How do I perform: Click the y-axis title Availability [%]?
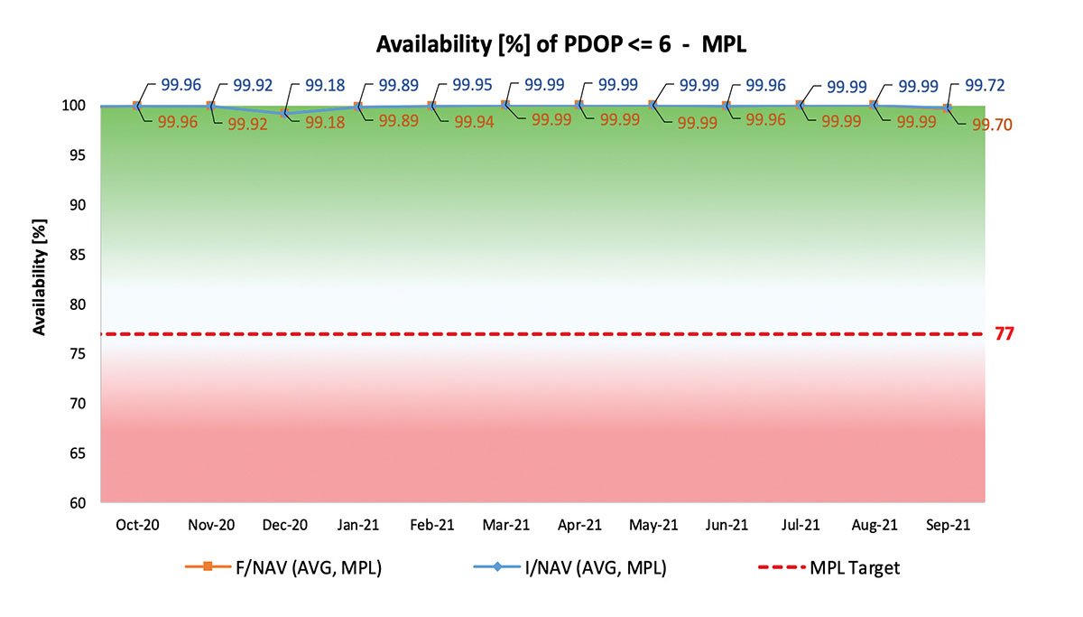point(40,276)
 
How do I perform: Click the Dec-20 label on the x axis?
point(283,525)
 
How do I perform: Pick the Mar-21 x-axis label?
point(505,525)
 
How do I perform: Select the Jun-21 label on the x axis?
point(727,525)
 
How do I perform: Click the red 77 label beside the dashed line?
point(1004,334)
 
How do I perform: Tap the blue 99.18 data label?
point(324,86)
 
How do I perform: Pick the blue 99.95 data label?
point(472,86)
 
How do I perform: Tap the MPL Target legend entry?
point(854,567)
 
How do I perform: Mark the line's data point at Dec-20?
point(283,114)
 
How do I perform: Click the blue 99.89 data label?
point(398,86)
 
